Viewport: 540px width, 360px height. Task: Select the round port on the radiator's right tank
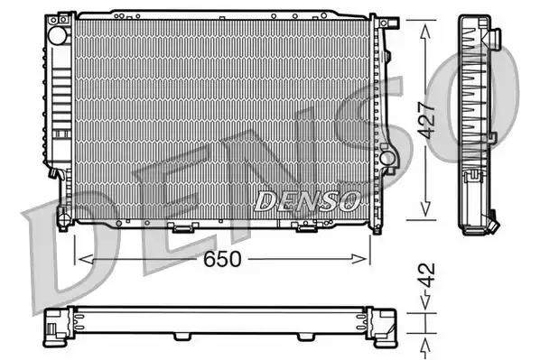(x=388, y=159)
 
